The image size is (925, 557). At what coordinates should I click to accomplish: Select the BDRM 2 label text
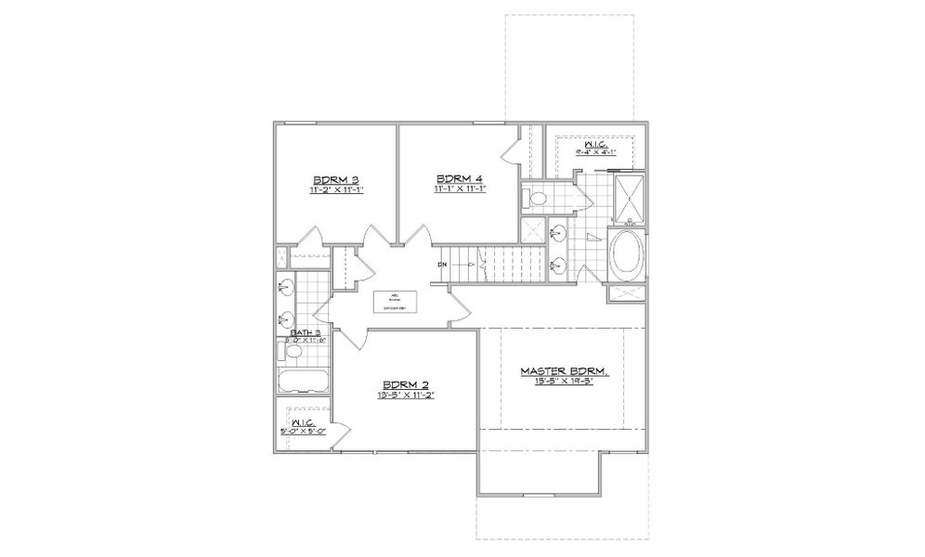pyautogui.click(x=407, y=384)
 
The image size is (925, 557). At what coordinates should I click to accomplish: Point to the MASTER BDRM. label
pyautogui.click(x=564, y=371)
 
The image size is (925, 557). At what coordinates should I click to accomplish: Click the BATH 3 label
pyautogui.click(x=306, y=331)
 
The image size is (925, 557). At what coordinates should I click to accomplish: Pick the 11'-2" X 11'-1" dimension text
pyautogui.click(x=335, y=189)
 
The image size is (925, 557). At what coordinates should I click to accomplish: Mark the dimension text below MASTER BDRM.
pyautogui.click(x=563, y=382)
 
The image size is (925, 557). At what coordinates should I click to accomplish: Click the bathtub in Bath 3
pyautogui.click(x=304, y=382)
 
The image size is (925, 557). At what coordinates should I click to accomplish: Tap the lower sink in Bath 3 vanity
pyautogui.click(x=283, y=321)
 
